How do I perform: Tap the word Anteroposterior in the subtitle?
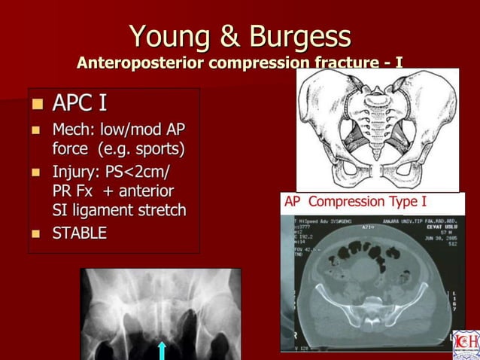coord(139,62)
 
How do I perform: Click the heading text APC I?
coord(79,102)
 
